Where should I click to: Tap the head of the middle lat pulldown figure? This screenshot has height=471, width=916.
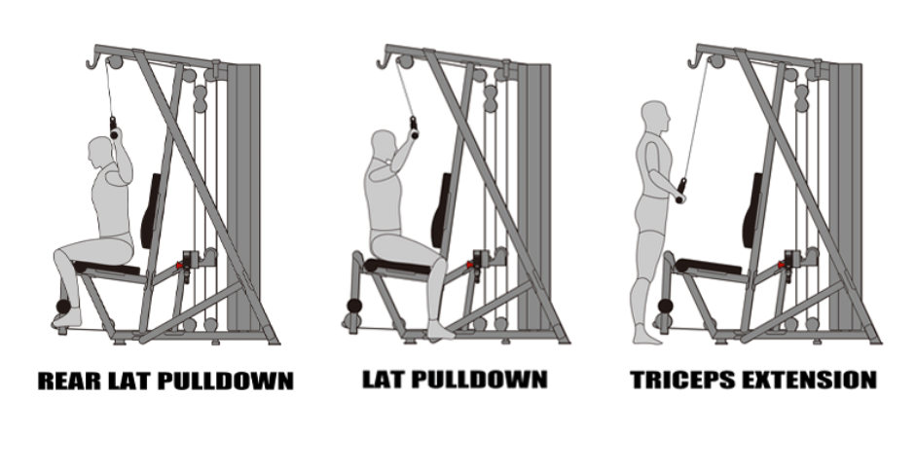385,144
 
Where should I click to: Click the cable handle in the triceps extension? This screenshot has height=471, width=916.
680,191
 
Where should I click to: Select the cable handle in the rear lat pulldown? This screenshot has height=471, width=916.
113,128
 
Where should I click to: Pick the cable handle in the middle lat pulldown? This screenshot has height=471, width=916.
414,128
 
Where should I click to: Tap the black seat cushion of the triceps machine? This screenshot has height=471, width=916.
709,266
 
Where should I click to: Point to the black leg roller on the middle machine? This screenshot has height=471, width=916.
354,306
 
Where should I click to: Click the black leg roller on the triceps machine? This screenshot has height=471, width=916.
665,306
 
